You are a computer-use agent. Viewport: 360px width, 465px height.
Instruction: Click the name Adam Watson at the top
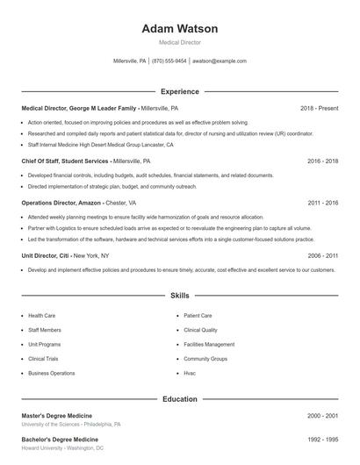click(179, 29)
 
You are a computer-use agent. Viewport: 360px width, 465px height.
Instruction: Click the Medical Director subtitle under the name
click(179, 42)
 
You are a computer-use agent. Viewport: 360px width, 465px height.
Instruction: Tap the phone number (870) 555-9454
click(169, 61)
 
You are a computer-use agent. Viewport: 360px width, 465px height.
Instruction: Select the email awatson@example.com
click(220, 61)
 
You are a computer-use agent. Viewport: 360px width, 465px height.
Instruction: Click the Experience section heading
click(179, 91)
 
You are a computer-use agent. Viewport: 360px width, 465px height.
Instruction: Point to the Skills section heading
click(179, 297)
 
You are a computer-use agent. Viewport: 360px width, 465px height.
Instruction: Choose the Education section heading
click(179, 399)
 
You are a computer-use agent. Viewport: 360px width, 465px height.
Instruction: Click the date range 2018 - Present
click(319, 109)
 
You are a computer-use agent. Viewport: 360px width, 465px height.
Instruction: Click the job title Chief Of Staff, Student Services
click(65, 161)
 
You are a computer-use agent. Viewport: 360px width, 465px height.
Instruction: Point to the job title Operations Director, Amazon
click(61, 203)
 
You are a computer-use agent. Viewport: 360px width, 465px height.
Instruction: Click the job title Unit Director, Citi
click(45, 255)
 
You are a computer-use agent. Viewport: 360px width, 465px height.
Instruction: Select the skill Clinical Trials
click(44, 359)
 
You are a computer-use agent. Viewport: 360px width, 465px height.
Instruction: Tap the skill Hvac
click(190, 373)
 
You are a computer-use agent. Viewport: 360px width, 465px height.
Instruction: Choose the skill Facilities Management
click(209, 344)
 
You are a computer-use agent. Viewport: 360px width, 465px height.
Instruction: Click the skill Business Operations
click(51, 373)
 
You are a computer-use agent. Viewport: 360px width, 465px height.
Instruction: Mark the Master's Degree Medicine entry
click(56, 415)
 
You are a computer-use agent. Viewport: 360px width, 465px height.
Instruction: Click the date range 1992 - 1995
click(322, 439)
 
